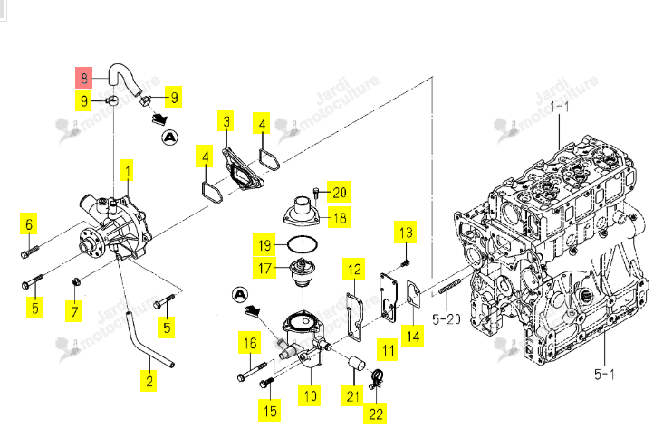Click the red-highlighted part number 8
[83, 78]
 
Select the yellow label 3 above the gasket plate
[226, 121]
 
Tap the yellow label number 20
[339, 192]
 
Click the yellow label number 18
[339, 217]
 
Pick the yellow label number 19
[264, 244]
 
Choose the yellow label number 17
[264, 268]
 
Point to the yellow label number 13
[406, 233]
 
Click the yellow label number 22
[375, 413]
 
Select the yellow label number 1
[127, 170]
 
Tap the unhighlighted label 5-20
[447, 318]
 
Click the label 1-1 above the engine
[560, 107]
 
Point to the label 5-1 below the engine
[604, 374]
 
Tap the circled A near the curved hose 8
[170, 138]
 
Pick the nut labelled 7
[76, 281]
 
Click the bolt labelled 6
[29, 252]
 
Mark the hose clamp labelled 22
[376, 378]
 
